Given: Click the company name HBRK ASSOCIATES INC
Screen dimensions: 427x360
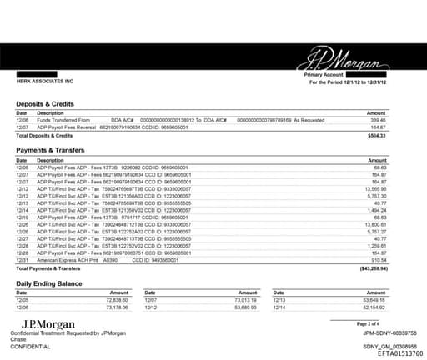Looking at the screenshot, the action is click(x=45, y=82).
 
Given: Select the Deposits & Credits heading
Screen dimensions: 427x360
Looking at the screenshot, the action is click(x=50, y=104).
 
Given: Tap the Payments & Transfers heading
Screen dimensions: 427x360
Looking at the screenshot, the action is click(x=56, y=150).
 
